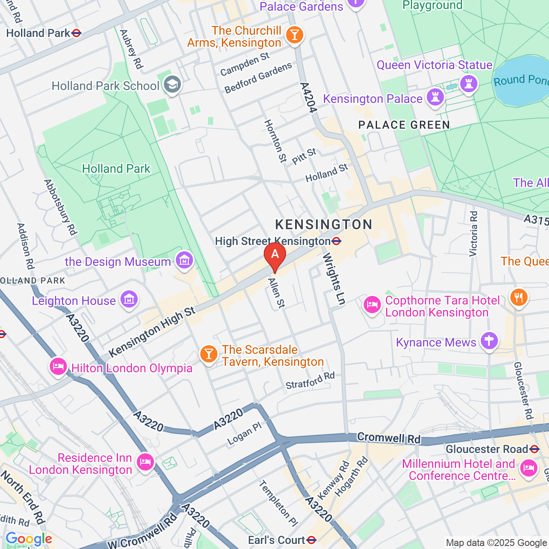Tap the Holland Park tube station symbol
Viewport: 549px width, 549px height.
(x=77, y=33)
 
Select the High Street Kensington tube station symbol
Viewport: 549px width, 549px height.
(x=337, y=241)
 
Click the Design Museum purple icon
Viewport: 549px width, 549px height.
(x=184, y=260)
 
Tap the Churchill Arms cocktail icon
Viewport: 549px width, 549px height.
(x=295, y=35)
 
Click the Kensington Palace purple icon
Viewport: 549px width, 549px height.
(x=435, y=97)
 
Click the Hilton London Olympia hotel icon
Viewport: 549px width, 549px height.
(x=58, y=366)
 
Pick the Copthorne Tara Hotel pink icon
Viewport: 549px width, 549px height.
(x=372, y=305)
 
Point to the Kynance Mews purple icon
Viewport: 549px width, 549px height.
(x=489, y=341)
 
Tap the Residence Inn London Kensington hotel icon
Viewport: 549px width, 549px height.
(x=145, y=462)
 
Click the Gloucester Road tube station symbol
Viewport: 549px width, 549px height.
(x=534, y=449)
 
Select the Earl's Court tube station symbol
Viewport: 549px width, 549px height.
(x=312, y=540)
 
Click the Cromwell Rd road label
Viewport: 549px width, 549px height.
(x=389, y=438)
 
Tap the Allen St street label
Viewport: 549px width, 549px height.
(x=276, y=293)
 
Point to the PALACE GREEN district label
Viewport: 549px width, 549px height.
(x=404, y=125)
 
